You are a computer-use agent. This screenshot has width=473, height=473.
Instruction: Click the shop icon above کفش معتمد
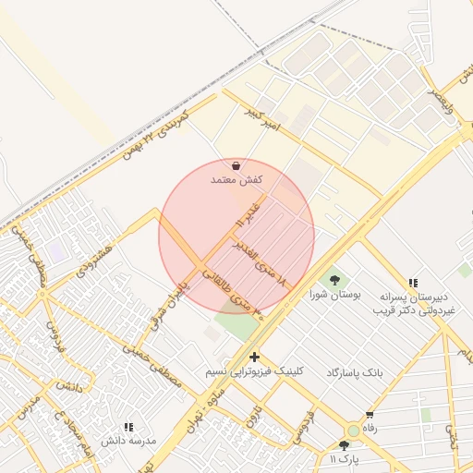pos(237,166)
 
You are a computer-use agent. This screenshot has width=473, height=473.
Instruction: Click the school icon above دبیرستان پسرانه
pos(413,282)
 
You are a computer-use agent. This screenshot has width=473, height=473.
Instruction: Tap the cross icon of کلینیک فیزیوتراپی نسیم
pos(254,357)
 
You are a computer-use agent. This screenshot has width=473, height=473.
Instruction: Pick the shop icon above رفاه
pos(370,415)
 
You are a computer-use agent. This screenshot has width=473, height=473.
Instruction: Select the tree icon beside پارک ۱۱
pos(345,445)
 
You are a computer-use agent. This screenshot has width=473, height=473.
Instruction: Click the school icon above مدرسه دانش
pos(128,427)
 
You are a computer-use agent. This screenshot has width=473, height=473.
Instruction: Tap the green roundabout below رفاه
pos(353,431)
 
